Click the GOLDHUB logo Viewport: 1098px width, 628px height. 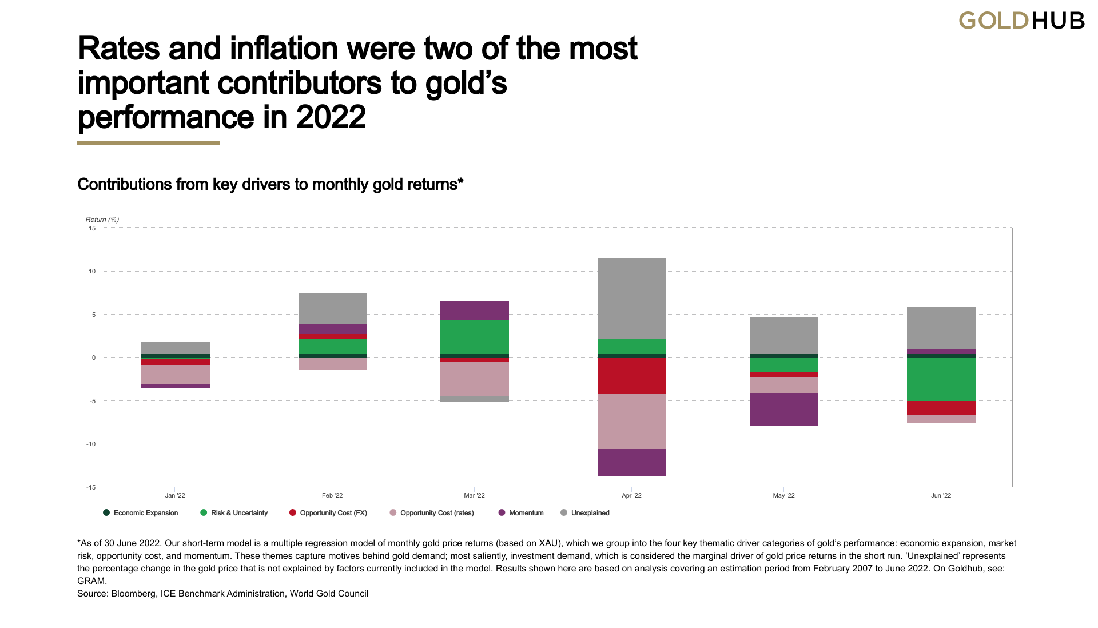coord(1021,21)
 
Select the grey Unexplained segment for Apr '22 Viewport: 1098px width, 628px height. coord(631,298)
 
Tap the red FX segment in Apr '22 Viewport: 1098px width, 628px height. coord(631,376)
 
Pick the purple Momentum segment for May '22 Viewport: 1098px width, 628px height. coord(783,409)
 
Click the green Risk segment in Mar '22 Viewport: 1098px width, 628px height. coord(474,337)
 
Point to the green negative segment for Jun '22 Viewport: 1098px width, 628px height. coord(941,379)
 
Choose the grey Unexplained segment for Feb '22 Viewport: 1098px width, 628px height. coord(332,308)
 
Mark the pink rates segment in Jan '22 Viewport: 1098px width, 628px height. coord(175,375)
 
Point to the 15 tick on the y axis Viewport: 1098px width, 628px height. coord(92,228)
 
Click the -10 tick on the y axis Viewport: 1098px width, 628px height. coord(91,444)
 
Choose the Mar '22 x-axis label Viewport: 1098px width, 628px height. coord(474,495)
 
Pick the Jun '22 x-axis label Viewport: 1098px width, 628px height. coord(941,495)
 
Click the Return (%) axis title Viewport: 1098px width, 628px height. coord(102,220)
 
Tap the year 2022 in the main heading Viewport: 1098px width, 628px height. coord(331,117)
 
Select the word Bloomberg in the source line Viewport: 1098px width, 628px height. coord(133,594)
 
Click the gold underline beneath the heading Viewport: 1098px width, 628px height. coord(149,143)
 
